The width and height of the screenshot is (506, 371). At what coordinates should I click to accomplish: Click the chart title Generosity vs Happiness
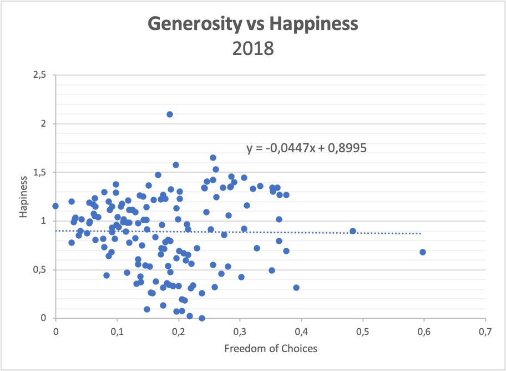253,24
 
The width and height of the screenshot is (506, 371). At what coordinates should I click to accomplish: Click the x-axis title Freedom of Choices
270,348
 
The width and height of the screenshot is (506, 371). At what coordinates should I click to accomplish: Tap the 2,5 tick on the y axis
39,75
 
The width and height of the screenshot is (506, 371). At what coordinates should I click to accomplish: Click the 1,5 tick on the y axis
39,172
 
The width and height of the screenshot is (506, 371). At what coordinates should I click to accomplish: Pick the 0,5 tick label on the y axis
39,270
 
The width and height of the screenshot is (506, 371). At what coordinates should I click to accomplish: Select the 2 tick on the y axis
44,124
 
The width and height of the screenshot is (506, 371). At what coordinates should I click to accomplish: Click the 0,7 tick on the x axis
485,332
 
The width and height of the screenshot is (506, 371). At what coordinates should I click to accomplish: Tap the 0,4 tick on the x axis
301,332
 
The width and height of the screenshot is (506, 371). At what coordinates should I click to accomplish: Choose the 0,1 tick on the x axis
117,332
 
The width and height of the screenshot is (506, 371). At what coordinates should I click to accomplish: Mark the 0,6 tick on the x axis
424,332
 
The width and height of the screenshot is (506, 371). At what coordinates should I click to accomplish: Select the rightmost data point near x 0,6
423,252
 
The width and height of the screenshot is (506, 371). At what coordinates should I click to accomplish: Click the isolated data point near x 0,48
353,231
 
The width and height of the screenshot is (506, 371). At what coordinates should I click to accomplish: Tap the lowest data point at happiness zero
202,318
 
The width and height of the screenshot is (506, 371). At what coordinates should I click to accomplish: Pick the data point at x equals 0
55,206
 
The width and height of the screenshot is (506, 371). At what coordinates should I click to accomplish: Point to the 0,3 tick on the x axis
240,332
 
